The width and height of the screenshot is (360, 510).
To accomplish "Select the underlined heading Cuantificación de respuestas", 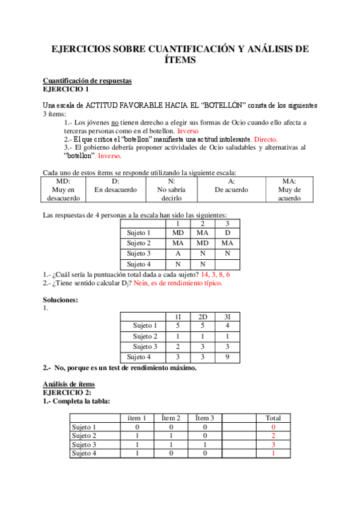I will tap(87, 81).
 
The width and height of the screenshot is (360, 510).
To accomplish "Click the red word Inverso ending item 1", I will tap(188, 130).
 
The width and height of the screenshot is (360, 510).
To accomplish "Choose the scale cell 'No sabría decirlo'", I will tap(171, 189).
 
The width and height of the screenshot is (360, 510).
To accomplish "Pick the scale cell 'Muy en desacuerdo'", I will tap(63, 189).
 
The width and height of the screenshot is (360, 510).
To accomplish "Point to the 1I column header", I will tap(178, 316).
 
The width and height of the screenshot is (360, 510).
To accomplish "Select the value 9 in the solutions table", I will tap(227, 357).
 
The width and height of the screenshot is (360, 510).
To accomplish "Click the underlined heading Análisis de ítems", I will tap(68, 384).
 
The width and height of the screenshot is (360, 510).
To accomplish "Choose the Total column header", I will tap(273, 418).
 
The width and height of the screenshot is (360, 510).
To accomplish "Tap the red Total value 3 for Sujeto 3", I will tap(273, 444).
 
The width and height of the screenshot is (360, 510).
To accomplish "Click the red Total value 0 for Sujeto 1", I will tap(273, 427).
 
